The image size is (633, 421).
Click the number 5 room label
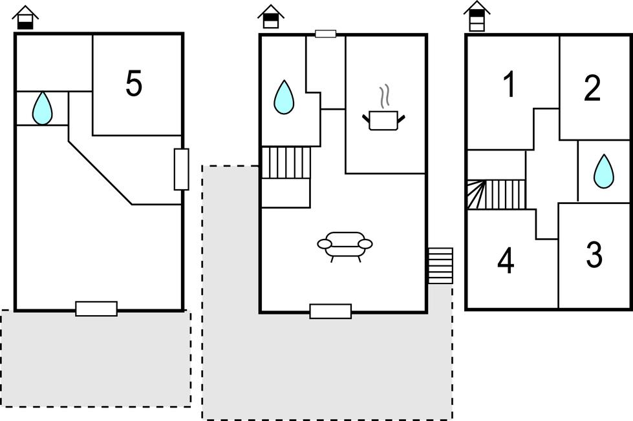click(134, 83)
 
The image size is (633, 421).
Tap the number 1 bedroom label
click(510, 84)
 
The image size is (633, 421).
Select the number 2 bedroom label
click(592, 87)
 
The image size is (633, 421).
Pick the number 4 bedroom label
click(506, 260)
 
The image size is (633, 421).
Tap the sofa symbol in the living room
click(345, 246)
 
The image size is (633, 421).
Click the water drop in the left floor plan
click(42, 108)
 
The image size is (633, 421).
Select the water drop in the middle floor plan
click(284, 98)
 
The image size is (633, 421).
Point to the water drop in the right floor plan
click(603, 170)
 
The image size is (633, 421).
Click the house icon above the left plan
click(25, 17)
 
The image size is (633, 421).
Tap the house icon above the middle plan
click(271, 17)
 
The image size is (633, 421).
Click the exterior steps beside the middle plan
click(440, 266)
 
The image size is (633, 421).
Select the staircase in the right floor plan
click(497, 194)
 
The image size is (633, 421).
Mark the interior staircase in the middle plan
click(286, 163)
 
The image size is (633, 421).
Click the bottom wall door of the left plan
click(96, 309)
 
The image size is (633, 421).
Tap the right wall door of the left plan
click(182, 169)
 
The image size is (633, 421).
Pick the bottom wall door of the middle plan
click(330, 311)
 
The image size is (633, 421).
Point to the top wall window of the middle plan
click(325, 34)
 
